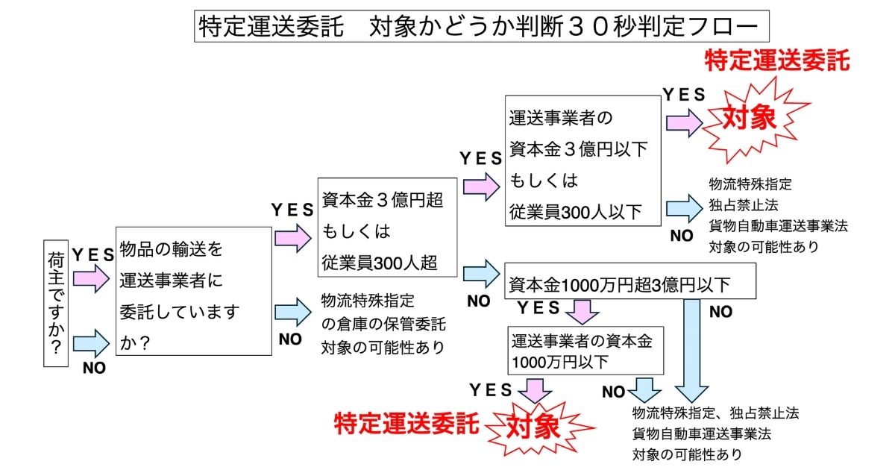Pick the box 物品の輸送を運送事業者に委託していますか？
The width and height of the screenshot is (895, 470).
(x=192, y=292)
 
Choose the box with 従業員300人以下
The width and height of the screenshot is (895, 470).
(x=582, y=160)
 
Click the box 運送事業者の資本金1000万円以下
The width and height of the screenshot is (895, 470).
(x=585, y=351)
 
